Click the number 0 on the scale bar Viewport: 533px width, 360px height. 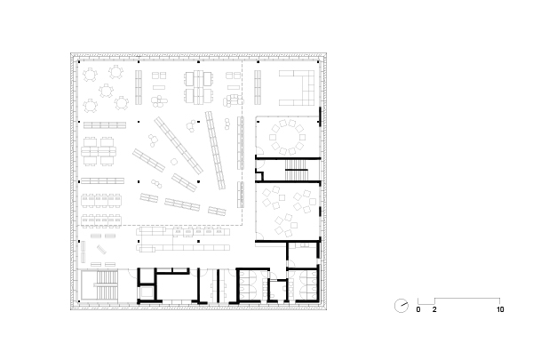pyautogui.click(x=418, y=309)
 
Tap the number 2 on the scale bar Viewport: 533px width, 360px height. pyautogui.click(x=434, y=309)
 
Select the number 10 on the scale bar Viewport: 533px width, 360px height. pyautogui.click(x=500, y=309)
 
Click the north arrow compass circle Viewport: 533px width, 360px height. pyautogui.click(x=402, y=305)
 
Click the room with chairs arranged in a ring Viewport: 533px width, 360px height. pyautogui.click(x=288, y=137)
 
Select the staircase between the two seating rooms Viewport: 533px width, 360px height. pyautogui.click(x=297, y=170)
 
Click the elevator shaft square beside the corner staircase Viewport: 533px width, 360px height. pyautogui.click(x=147, y=292)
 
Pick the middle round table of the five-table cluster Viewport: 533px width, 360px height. pyautogui.click(x=106, y=91)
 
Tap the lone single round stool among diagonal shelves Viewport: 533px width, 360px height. pyautogui.click(x=174, y=162)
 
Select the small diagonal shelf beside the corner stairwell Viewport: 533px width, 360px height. pyautogui.click(x=101, y=250)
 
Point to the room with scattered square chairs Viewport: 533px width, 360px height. pyautogui.click(x=288, y=212)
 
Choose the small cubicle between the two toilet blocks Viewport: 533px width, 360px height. pyautogui.click(x=278, y=290)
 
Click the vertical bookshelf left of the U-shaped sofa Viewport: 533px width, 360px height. pyautogui.click(x=258, y=87)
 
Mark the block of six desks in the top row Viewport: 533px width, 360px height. pyautogui.click(x=199, y=87)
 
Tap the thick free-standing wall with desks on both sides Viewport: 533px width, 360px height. pyautogui.click(x=219, y=286)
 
